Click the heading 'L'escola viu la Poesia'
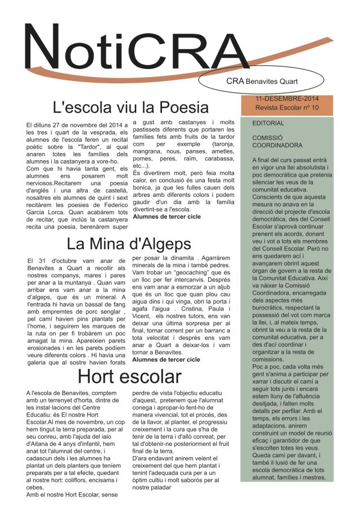[130, 107]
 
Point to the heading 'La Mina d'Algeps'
[129, 244]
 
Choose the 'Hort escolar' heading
[129, 376]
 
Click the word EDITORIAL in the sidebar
[268, 123]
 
